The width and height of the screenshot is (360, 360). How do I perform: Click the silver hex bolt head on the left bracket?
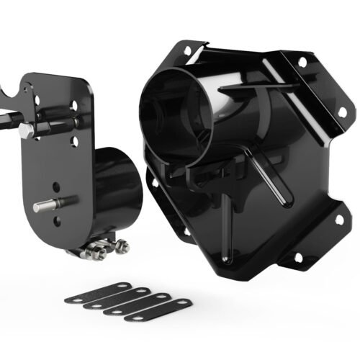[27, 130]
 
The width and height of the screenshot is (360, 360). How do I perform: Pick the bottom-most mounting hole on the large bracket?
[297, 257]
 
